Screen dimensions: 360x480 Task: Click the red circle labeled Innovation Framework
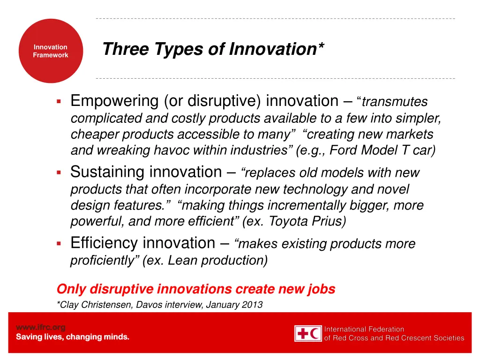tap(50, 51)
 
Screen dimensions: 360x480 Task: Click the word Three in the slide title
tap(119, 49)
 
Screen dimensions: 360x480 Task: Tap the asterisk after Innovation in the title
tap(319, 46)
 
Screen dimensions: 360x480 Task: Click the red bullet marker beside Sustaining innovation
tap(59, 173)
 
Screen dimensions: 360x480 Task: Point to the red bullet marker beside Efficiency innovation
tap(59, 244)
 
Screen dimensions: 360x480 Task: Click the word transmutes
tap(395, 102)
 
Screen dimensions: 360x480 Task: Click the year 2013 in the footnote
tap(252, 305)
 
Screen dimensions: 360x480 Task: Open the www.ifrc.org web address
tap(41, 327)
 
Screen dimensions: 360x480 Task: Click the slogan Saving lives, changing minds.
tap(73, 337)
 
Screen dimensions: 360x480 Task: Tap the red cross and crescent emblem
tap(308, 333)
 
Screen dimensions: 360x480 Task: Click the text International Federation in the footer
tap(364, 329)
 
